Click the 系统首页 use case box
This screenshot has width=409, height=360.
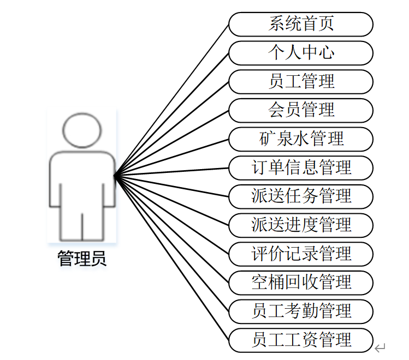pyautogui.click(x=300, y=25)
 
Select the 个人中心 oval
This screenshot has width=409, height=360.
pyautogui.click(x=300, y=53)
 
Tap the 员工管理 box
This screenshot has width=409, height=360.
pyautogui.click(x=300, y=82)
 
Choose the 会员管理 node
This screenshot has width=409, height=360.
pyautogui.click(x=300, y=110)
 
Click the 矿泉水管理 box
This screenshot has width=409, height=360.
pyautogui.click(x=300, y=139)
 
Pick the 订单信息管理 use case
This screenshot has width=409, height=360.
pyautogui.click(x=300, y=167)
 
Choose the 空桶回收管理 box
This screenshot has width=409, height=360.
pyautogui.click(x=300, y=282)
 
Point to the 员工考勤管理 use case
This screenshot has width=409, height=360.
pyautogui.click(x=300, y=311)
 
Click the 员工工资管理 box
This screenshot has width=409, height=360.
pyautogui.click(x=300, y=340)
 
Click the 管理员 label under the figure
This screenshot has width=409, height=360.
pyautogui.click(x=82, y=259)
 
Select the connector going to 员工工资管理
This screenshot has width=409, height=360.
pyautogui.click(x=171, y=257)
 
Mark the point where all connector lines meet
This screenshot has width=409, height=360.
pyautogui.click(x=115, y=175)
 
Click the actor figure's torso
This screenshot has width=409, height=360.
pyautogui.click(x=82, y=180)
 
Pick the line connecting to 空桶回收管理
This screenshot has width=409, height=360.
pyautogui.click(x=171, y=229)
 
